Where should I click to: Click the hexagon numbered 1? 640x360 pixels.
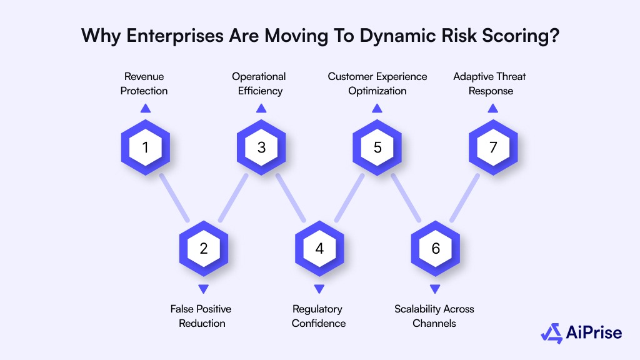tap(145, 147)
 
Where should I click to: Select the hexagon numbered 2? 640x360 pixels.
tap(203, 249)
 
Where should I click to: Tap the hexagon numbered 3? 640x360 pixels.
tap(261, 147)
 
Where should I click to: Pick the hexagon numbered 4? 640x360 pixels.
tap(319, 249)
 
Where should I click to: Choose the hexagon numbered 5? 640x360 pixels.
tap(377, 147)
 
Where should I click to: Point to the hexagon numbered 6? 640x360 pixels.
tap(436, 249)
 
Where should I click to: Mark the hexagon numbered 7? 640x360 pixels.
tap(493, 147)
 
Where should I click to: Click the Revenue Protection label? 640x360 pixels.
tap(145, 84)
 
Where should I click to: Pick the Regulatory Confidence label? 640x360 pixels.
tap(318, 316)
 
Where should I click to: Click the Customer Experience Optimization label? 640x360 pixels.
tap(377, 84)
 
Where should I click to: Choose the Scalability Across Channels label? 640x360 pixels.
tap(434, 316)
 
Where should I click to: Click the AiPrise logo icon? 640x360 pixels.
tap(551, 333)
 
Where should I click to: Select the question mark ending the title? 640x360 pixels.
tap(554, 36)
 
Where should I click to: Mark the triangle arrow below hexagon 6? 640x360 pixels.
tap(436, 289)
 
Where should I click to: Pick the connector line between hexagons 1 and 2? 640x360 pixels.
tap(174, 198)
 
